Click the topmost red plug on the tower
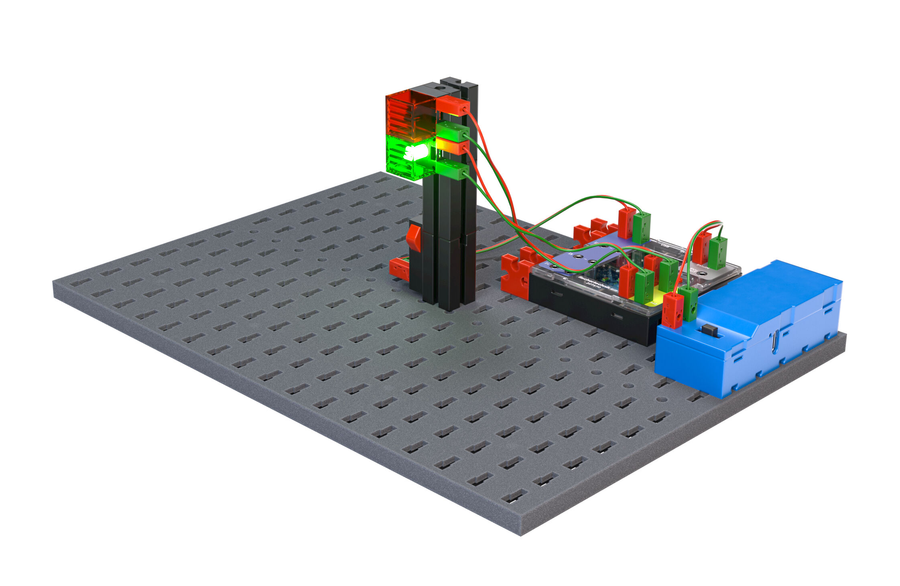453,106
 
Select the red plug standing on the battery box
672,309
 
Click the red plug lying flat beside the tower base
399,268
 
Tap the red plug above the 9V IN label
702,247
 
